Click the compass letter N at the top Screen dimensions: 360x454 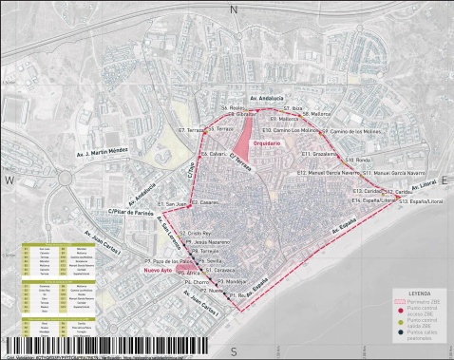pyautogui.click(x=233, y=9)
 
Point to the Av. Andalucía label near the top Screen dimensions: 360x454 pyautogui.click(x=267, y=98)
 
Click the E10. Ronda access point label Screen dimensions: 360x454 pyautogui.click(x=359, y=161)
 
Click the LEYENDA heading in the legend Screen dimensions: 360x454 pyautogui.click(x=419, y=294)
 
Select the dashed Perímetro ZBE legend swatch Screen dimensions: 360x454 pyautogui.click(x=397, y=302)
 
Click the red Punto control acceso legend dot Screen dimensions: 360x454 pyautogui.click(x=397, y=311)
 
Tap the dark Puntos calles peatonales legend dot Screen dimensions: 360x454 pyautogui.click(x=397, y=333)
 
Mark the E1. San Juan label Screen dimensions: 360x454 pyautogui.click(x=177, y=204)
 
